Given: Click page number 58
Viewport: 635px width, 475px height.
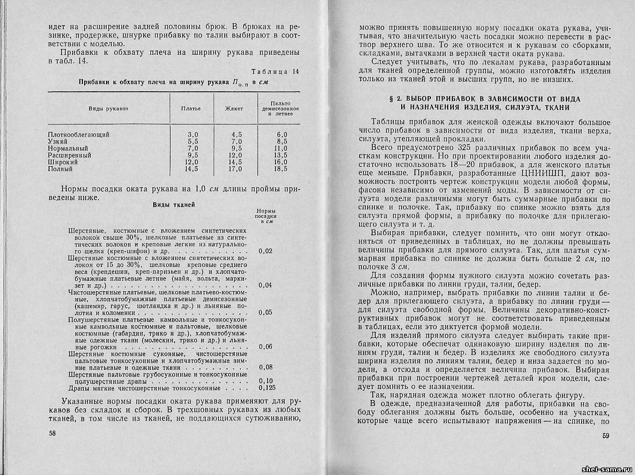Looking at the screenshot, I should (52, 432).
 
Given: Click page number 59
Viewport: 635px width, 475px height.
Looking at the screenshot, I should (605, 436).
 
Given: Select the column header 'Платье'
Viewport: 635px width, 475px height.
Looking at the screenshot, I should (190, 108).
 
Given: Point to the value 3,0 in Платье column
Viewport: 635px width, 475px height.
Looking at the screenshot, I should (192, 134).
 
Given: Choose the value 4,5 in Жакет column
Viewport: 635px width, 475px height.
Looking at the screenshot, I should (236, 134).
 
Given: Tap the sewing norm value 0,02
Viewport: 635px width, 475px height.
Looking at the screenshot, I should (266, 251).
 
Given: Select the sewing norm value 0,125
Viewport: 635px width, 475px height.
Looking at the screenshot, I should (267, 387).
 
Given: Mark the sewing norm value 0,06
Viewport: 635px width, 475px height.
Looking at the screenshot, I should (266, 346).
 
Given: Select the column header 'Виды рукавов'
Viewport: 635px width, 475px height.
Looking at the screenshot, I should (108, 108).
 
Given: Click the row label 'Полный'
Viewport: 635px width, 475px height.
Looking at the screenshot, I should (61, 169).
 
